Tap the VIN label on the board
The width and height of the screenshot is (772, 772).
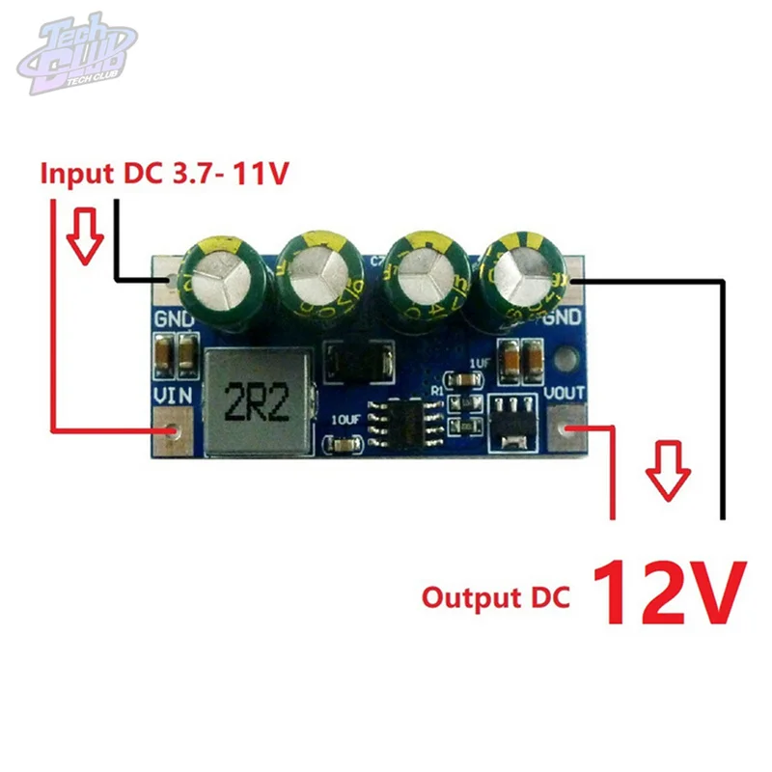pos(174,396)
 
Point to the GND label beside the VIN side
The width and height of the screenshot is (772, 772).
pos(174,319)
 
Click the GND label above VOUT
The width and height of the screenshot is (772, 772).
pos(563,319)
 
